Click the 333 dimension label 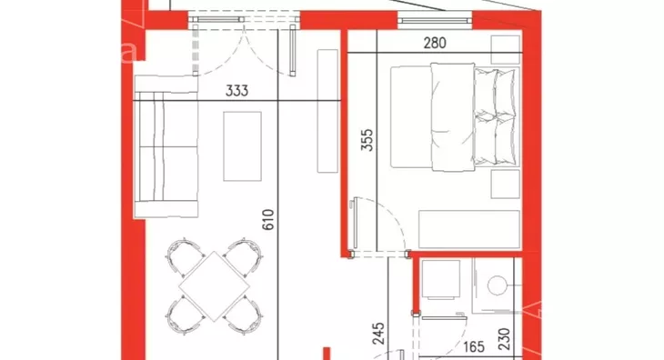(236, 91)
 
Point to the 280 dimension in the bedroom (435, 43)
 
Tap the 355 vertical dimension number (367, 140)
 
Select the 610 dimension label (268, 220)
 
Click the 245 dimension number (378, 334)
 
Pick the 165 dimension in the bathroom (473, 347)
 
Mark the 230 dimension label (504, 339)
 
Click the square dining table (215, 286)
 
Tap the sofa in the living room (166, 146)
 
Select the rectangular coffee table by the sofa (242, 146)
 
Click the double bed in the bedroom (455, 116)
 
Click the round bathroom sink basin (498, 285)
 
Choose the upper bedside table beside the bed (505, 49)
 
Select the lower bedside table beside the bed (505, 184)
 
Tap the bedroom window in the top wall (435, 20)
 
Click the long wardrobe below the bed (469, 229)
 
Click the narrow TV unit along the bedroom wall (327, 111)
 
